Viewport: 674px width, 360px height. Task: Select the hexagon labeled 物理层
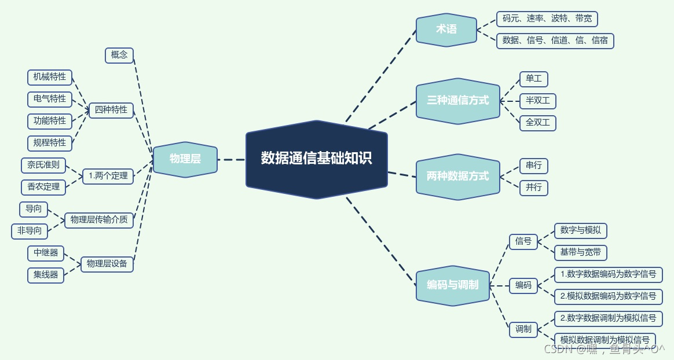(185, 159)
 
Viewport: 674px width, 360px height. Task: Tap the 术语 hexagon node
(446, 29)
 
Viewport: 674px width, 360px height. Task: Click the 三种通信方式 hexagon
(457, 101)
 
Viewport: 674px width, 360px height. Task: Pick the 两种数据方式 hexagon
(457, 177)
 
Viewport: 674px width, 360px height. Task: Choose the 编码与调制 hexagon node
(452, 285)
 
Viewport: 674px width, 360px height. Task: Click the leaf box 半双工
(537, 101)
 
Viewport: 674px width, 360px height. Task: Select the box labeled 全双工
(537, 123)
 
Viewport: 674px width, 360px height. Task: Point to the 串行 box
(533, 166)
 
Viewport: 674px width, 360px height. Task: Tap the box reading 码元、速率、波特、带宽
(547, 19)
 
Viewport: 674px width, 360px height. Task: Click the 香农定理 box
(43, 187)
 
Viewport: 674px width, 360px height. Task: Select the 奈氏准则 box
(43, 166)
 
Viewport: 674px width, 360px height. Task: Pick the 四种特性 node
(111, 110)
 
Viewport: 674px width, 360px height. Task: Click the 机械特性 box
(50, 77)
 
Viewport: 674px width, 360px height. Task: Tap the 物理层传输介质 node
(99, 220)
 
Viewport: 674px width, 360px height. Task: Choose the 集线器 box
(46, 275)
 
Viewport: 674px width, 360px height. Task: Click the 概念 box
(119, 55)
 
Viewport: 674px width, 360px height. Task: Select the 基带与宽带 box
(580, 252)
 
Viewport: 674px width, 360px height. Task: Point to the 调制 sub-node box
(523, 329)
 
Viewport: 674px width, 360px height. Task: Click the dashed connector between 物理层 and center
(232, 160)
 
